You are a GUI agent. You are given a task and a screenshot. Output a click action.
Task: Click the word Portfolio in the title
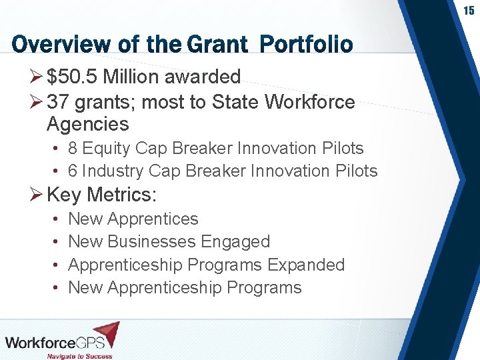pos(306,45)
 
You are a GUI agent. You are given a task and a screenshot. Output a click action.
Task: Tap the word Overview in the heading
pos(53,45)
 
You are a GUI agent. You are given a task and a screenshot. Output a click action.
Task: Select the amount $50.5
pos(74,77)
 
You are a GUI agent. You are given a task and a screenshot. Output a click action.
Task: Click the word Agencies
pos(87,124)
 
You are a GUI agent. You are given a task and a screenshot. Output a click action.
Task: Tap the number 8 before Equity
pos(73,148)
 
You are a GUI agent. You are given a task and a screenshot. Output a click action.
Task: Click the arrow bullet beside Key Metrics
pos(37,195)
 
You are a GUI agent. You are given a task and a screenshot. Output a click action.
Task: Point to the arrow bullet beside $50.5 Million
pos(37,77)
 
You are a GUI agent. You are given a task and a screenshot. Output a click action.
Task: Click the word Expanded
pos(306,265)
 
